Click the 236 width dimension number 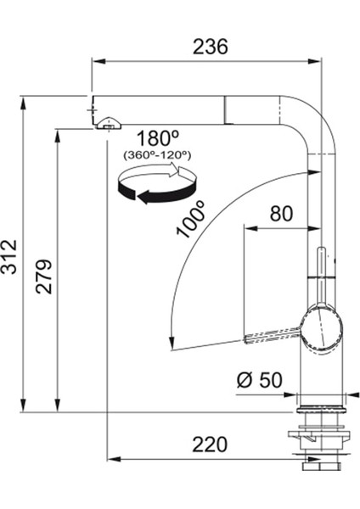[x=211, y=47]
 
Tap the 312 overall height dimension [x=8, y=257]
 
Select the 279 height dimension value [x=44, y=277]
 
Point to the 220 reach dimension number [x=210, y=445]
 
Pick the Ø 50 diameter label [x=259, y=380]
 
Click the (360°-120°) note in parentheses [x=157, y=155]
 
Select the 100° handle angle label [x=191, y=219]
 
